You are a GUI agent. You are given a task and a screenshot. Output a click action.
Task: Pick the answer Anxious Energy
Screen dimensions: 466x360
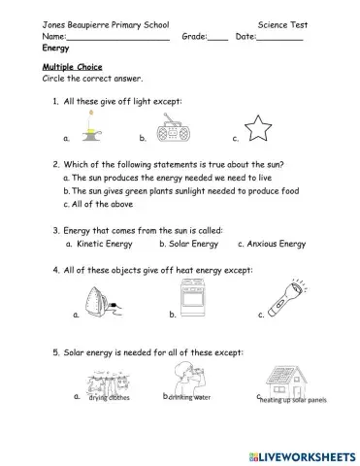point(277,245)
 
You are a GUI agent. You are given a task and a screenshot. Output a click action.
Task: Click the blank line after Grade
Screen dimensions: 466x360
point(218,38)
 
